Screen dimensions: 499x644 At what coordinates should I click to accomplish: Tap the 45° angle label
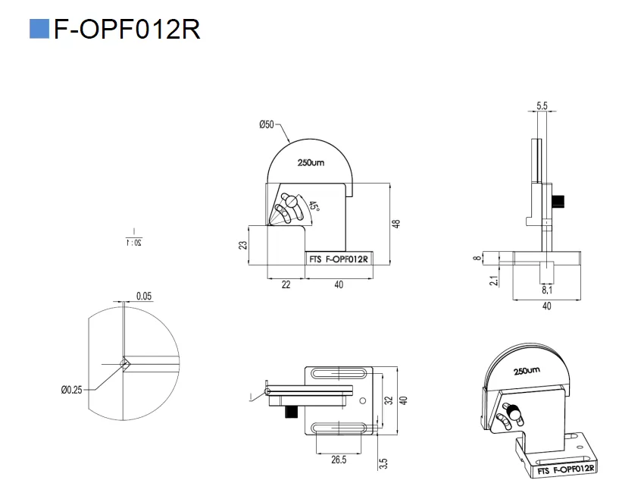point(313,207)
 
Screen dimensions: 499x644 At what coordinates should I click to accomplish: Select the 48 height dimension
point(395,224)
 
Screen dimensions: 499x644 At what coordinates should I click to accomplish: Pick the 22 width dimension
point(286,284)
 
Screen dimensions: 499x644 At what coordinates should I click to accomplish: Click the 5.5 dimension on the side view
point(542,107)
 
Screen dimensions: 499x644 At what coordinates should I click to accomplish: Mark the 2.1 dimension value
point(494,281)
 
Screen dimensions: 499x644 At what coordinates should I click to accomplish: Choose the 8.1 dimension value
point(546,290)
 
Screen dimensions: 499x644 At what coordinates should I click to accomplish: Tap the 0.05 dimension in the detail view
point(143,296)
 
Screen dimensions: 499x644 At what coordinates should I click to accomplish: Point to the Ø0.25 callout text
point(72,390)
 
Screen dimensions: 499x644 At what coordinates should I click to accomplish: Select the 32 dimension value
point(389,400)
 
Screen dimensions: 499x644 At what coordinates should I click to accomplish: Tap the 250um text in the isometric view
point(526,372)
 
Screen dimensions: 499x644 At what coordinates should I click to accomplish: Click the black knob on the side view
point(560,201)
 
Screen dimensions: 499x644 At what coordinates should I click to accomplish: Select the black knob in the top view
point(292,414)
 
